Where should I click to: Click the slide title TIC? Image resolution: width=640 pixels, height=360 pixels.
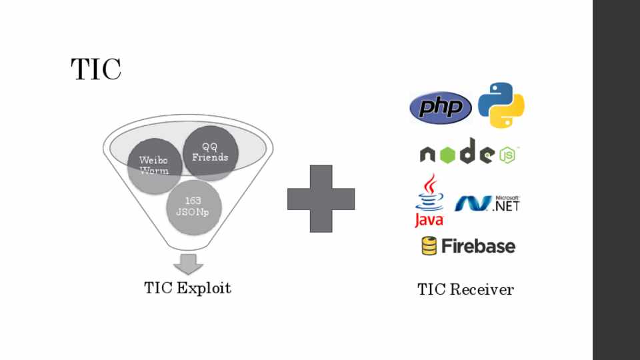click(x=96, y=69)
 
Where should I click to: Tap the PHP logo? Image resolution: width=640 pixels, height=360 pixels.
click(x=441, y=107)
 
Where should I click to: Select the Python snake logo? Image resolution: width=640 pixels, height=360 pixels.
click(x=501, y=105)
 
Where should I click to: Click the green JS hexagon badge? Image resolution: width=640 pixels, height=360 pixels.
click(x=508, y=155)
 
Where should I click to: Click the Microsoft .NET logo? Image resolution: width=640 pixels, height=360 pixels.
click(x=487, y=203)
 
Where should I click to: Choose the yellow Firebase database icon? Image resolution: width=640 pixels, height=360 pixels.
click(x=429, y=246)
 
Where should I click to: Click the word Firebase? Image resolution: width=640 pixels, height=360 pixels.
click(x=477, y=246)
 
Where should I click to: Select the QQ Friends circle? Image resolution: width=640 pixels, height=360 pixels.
click(x=210, y=153)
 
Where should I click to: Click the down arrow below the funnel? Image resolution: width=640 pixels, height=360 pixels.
click(x=189, y=263)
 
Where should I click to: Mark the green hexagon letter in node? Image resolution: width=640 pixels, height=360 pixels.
click(x=449, y=155)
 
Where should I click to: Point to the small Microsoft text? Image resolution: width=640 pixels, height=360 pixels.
click(x=507, y=198)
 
